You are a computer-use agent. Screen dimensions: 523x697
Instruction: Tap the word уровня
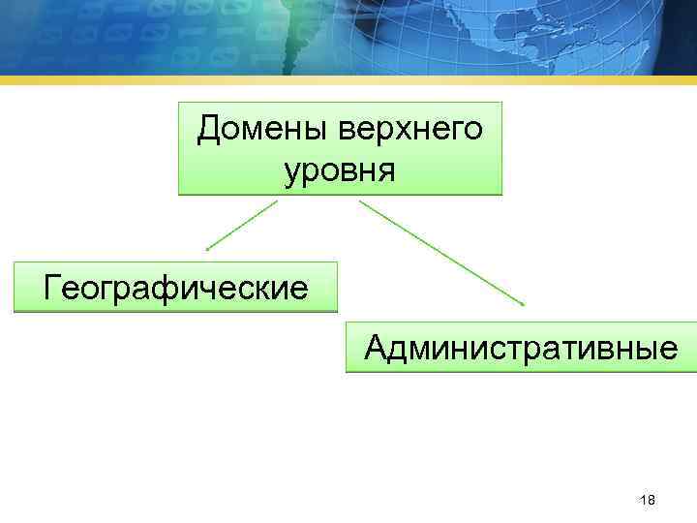click(x=340, y=171)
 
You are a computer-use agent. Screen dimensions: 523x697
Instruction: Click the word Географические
click(x=176, y=288)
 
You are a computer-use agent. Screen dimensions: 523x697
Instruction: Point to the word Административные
click(x=521, y=348)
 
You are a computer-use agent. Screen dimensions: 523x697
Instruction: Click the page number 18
click(x=648, y=500)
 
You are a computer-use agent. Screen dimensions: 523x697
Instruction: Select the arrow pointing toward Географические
click(x=242, y=225)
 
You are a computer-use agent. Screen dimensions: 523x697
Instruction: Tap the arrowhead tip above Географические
click(x=207, y=249)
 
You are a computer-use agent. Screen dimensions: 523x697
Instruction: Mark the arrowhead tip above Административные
click(x=523, y=304)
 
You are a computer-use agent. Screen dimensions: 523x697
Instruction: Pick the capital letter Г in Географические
click(x=54, y=287)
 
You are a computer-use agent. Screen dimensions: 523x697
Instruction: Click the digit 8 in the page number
click(x=652, y=500)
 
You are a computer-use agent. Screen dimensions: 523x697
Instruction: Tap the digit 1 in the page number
click(x=643, y=500)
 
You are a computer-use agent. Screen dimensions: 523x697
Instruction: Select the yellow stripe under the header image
click(x=348, y=80)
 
